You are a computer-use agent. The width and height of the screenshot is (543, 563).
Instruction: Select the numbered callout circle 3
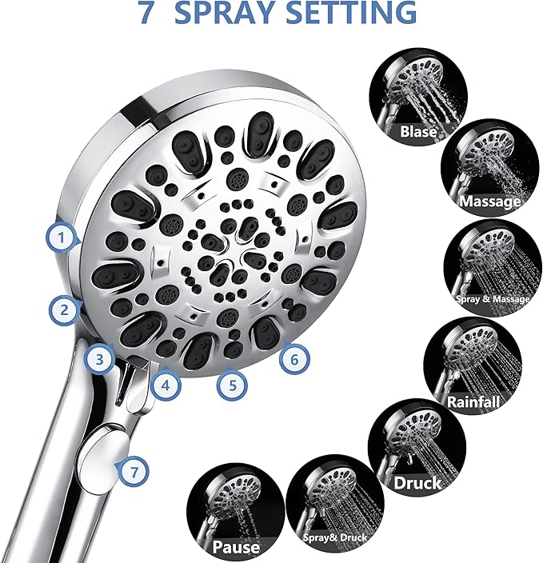pyautogui.click(x=98, y=360)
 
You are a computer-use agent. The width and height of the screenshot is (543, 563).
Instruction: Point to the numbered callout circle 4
pyautogui.click(x=165, y=385)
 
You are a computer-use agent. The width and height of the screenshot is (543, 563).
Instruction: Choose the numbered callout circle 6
pyautogui.click(x=293, y=359)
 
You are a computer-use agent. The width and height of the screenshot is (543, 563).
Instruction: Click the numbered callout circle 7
pyautogui.click(x=133, y=471)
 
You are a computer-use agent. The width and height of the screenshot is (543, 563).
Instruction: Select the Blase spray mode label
pyautogui.click(x=419, y=132)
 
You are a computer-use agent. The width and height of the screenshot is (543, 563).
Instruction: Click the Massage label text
pyautogui.click(x=489, y=202)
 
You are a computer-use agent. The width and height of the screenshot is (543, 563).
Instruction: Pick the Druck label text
pyautogui.click(x=417, y=483)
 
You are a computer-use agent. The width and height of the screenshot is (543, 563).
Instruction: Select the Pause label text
pyautogui.click(x=237, y=548)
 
